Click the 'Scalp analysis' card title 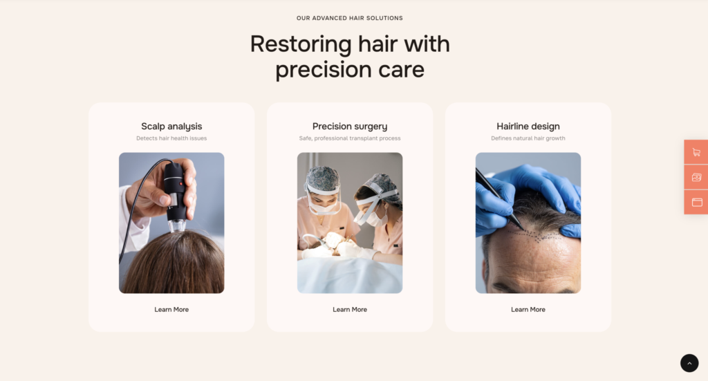click(x=171, y=127)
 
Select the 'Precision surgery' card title click(x=350, y=127)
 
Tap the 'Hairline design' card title click(x=528, y=127)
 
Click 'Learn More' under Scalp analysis click(x=171, y=310)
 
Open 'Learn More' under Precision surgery click(x=350, y=310)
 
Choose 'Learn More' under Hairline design click(x=528, y=310)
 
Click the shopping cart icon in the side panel click(x=697, y=153)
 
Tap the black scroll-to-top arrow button click(x=689, y=364)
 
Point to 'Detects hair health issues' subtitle click(x=171, y=138)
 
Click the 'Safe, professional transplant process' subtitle click(x=350, y=138)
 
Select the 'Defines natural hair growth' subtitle click(x=528, y=138)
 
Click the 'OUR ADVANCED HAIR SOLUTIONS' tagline click(x=350, y=18)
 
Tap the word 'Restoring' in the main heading click(x=301, y=45)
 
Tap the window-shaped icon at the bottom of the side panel click(x=697, y=202)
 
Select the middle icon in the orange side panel click(x=697, y=178)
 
